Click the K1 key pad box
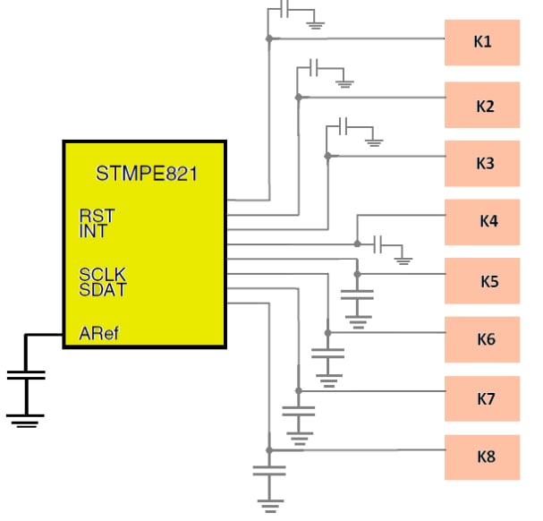click(482, 42)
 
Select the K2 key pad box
click(482, 106)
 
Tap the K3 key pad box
click(482, 164)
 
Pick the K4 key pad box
click(482, 221)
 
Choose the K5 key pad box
click(482, 281)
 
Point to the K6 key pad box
click(482, 339)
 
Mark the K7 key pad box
click(482, 398)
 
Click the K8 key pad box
click(482, 457)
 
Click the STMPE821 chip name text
click(146, 173)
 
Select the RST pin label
click(96, 216)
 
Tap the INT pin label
click(93, 231)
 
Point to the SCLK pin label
click(102, 275)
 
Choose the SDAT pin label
click(102, 290)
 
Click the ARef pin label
click(98, 334)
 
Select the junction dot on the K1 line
click(268, 38)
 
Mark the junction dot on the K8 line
click(268, 449)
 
